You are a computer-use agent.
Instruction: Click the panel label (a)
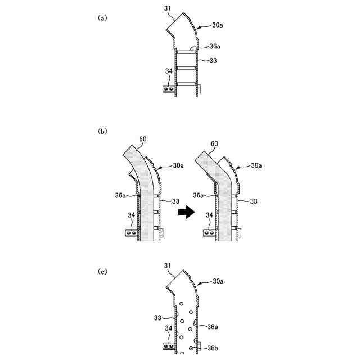click(x=102, y=18)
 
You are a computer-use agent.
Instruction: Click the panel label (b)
click(x=102, y=131)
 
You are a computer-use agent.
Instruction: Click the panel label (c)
click(x=102, y=272)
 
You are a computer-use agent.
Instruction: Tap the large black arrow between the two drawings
click(x=185, y=213)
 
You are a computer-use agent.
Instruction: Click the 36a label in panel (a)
click(x=214, y=47)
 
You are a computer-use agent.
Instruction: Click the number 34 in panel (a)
click(x=170, y=71)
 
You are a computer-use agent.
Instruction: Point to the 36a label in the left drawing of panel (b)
click(x=120, y=195)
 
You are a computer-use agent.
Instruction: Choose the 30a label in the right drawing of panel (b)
click(x=257, y=165)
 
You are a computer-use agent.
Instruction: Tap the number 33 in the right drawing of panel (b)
click(x=253, y=201)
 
